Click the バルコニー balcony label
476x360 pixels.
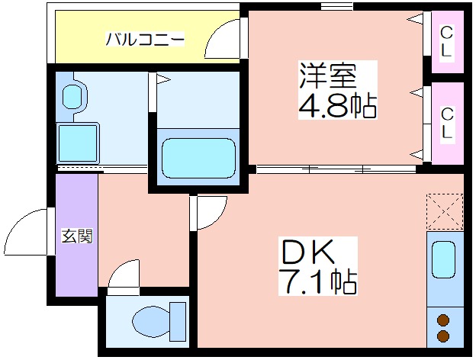[145, 39]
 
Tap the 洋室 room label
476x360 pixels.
[328, 76]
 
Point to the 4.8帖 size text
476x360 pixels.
[338, 105]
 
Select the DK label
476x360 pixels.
[308, 252]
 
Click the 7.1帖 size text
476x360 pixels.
[318, 281]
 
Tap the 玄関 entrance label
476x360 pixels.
[77, 236]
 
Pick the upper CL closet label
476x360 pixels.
[446, 42]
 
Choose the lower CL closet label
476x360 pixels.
[446, 123]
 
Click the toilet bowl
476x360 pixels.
[151, 321]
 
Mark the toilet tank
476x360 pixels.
[178, 321]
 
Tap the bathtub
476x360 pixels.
[198, 158]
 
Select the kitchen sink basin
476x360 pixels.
[443, 259]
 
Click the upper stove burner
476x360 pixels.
[443, 320]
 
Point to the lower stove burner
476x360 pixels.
[443, 336]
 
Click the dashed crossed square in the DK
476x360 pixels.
[445, 211]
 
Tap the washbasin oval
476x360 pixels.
[72, 95]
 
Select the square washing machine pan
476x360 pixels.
[78, 143]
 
